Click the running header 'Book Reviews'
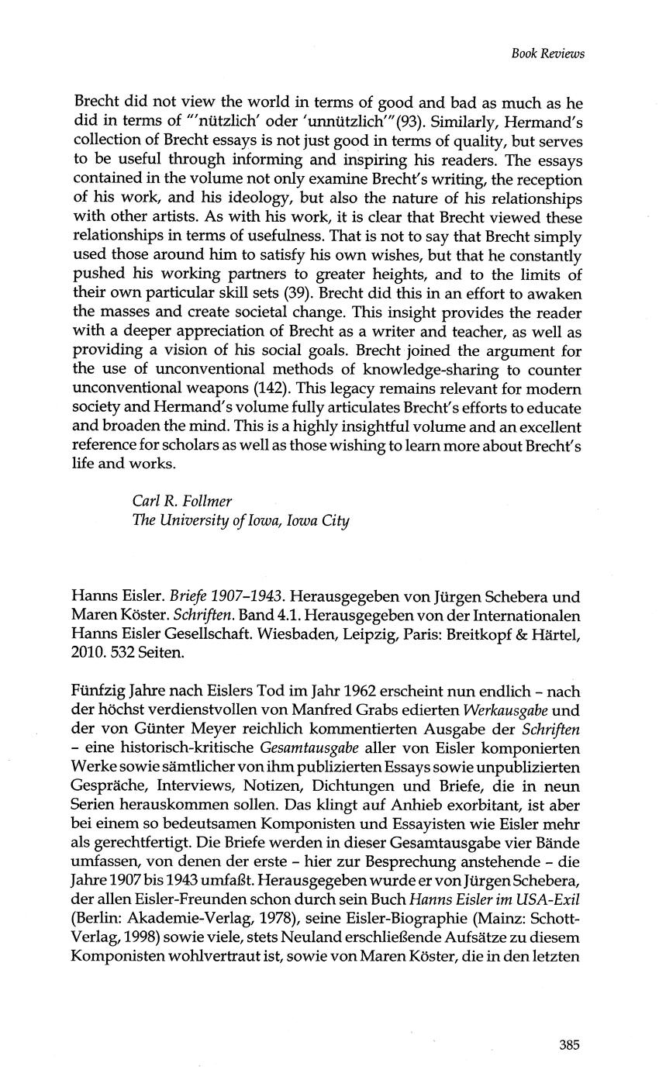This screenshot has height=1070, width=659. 548,53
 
